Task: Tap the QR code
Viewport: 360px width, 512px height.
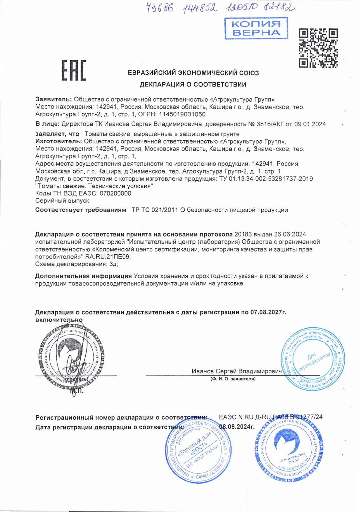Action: [318, 48]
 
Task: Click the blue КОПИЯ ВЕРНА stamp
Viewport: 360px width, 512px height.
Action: [256, 28]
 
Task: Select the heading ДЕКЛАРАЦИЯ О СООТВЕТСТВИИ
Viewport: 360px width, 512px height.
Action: [193, 84]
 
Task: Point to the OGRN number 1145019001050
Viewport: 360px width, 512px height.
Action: [182, 114]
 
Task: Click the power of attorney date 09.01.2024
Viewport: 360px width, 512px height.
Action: [310, 124]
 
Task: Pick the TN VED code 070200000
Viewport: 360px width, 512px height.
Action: [116, 193]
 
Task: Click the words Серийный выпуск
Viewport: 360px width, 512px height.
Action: [62, 201]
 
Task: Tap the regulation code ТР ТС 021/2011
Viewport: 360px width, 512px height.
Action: [155, 210]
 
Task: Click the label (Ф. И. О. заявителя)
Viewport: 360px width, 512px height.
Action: [233, 379]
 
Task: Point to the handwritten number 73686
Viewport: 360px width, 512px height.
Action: [159, 8]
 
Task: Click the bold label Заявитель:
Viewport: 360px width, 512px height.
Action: [54, 99]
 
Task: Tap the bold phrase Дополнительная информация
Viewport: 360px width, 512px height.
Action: [84, 276]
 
